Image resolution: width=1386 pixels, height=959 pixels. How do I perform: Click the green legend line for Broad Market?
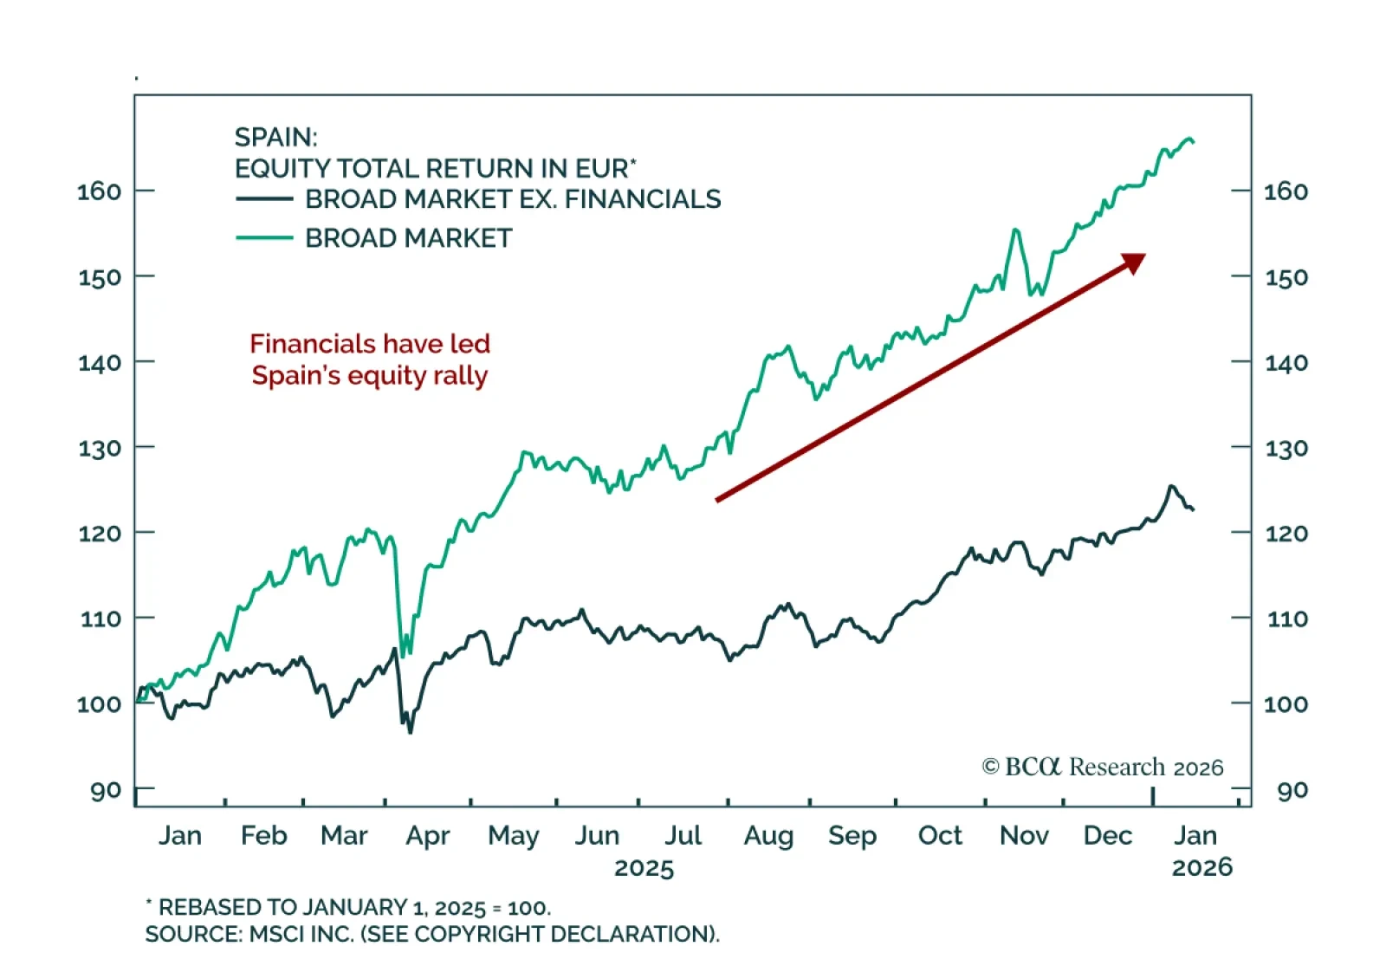tap(264, 237)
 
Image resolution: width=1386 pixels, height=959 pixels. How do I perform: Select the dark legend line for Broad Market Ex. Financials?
tap(264, 198)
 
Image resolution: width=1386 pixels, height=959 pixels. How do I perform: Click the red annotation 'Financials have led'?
tap(370, 344)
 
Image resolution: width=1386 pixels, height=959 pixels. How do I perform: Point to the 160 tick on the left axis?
tap(144, 190)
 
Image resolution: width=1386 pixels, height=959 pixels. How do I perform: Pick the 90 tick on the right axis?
tap(1241, 789)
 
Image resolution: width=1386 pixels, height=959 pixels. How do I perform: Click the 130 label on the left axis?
tap(99, 449)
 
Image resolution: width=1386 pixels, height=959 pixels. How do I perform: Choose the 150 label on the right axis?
tap(1286, 277)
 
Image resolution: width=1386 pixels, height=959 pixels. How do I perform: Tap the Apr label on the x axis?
tap(428, 835)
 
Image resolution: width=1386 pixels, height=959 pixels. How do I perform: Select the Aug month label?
tap(768, 835)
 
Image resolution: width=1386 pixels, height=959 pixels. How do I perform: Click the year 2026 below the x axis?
tap(1201, 867)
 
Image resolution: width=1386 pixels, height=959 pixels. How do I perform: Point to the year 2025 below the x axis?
tap(644, 868)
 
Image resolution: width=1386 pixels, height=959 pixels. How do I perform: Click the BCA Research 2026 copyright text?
tap(1102, 767)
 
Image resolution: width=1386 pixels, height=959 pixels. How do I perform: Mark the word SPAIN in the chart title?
tap(275, 137)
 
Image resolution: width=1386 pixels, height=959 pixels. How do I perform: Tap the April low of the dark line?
tap(410, 731)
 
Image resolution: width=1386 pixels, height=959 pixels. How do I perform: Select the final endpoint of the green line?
tap(1194, 142)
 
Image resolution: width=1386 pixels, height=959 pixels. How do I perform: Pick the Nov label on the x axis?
tap(1024, 835)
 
